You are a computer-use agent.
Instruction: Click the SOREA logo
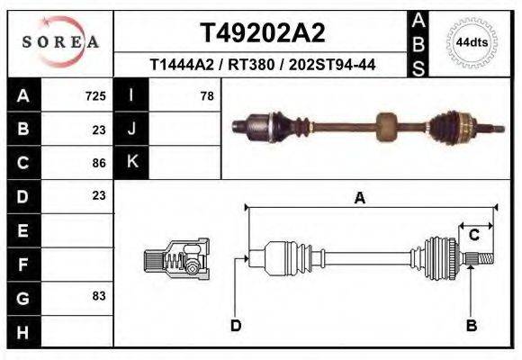tap(60, 41)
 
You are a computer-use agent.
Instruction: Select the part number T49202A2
tap(262, 33)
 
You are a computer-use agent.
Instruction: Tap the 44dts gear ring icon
tap(472, 41)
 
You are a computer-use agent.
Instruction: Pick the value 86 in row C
tap(99, 163)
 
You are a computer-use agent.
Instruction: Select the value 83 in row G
tap(99, 295)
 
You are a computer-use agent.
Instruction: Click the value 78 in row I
tap(206, 95)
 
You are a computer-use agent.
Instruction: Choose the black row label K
tap(131, 162)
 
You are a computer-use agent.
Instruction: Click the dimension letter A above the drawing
tap(359, 199)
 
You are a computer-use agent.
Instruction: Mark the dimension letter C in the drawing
tap(473, 235)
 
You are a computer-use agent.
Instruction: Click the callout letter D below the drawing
tap(235, 325)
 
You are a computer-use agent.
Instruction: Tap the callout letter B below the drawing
tap(470, 325)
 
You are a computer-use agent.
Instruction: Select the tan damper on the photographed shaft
tap(386, 126)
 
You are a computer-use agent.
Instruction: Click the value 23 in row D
tap(99, 195)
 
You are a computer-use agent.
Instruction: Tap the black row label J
tap(131, 129)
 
